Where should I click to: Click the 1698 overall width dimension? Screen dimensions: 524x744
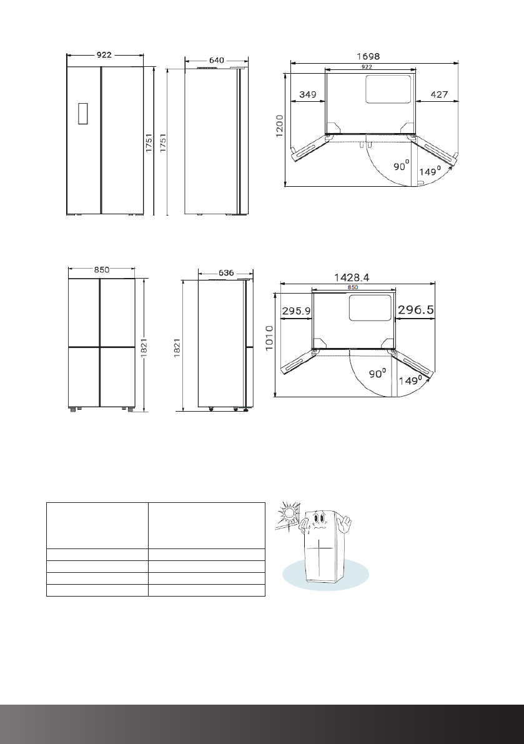pos(368,56)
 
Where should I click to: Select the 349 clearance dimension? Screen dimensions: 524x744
pos(308,94)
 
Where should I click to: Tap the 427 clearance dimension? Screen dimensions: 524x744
pos(439,94)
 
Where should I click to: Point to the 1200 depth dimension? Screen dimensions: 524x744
pos(280,126)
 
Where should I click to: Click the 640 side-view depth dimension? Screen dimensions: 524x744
pos(216,60)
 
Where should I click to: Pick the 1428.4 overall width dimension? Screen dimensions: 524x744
pos(352,277)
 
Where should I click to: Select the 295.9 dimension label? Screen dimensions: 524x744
pos(297,311)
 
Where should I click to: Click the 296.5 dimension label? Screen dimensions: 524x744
pos(416,310)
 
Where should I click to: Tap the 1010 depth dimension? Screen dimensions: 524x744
pos(270,338)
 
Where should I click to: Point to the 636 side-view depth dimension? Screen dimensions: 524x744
pos(226,273)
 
